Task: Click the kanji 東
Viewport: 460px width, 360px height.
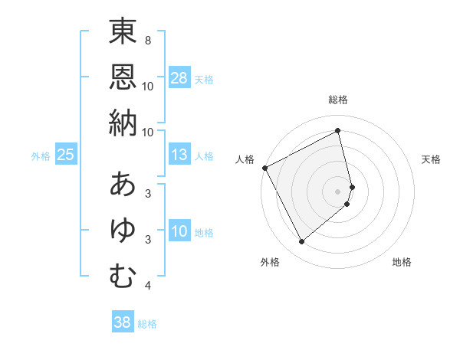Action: (x=123, y=32)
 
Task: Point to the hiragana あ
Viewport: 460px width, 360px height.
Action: (x=123, y=185)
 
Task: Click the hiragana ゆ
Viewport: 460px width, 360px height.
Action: (x=123, y=231)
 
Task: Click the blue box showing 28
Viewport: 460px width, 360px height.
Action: (x=179, y=78)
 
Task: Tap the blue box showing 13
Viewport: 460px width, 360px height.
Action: (x=179, y=155)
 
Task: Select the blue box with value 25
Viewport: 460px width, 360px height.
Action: (x=66, y=155)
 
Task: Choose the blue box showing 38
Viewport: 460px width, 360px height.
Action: (x=122, y=323)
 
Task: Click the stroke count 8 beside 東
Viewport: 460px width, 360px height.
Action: (x=147, y=40)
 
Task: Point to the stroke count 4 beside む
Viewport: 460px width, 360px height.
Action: (x=147, y=286)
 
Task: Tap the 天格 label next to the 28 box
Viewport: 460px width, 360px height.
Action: (x=204, y=79)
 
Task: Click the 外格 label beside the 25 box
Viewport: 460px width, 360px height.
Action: (x=41, y=156)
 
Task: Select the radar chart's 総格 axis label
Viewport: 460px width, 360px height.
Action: (x=338, y=100)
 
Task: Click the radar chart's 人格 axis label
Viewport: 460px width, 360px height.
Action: (x=245, y=159)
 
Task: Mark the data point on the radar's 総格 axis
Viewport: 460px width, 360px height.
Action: (x=338, y=131)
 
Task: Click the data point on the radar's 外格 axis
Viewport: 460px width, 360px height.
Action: (x=301, y=242)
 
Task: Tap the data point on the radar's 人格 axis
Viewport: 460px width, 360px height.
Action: (x=264, y=168)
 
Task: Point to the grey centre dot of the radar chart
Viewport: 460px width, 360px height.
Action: (x=338, y=191)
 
